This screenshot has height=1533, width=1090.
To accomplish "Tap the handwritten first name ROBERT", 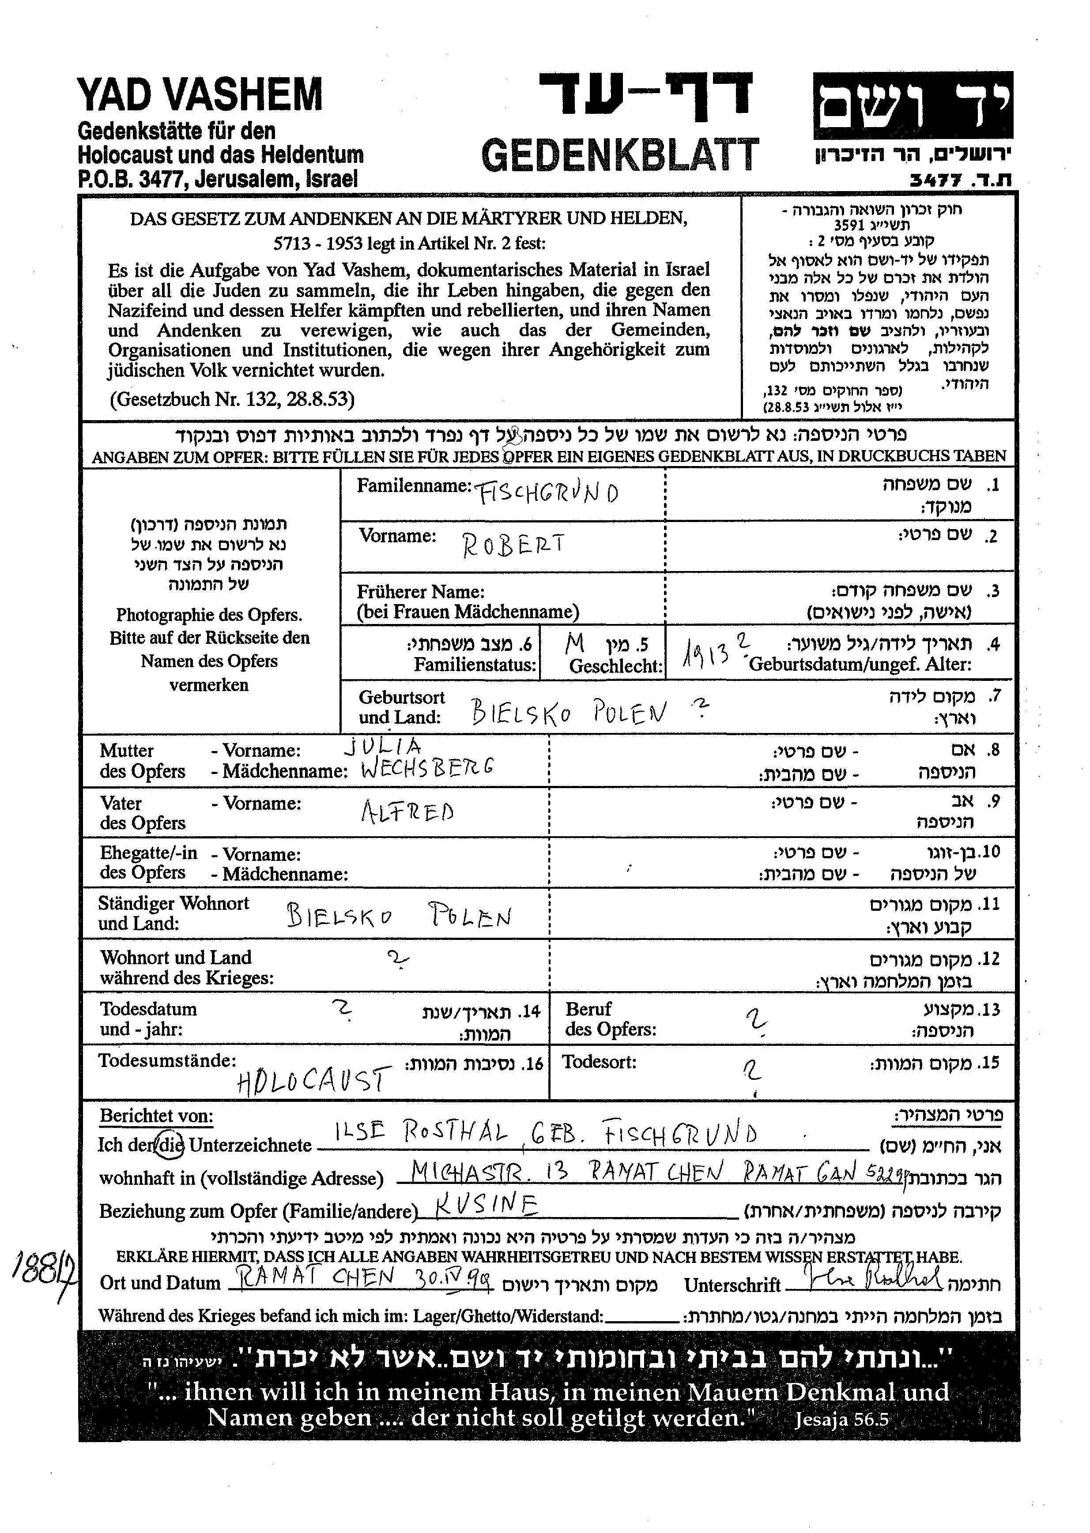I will coord(513,544).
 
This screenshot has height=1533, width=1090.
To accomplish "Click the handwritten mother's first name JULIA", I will coord(383,746).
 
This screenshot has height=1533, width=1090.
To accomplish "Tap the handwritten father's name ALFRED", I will coord(407,813).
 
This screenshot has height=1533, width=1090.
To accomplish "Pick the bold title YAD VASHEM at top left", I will coord(200,94).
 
